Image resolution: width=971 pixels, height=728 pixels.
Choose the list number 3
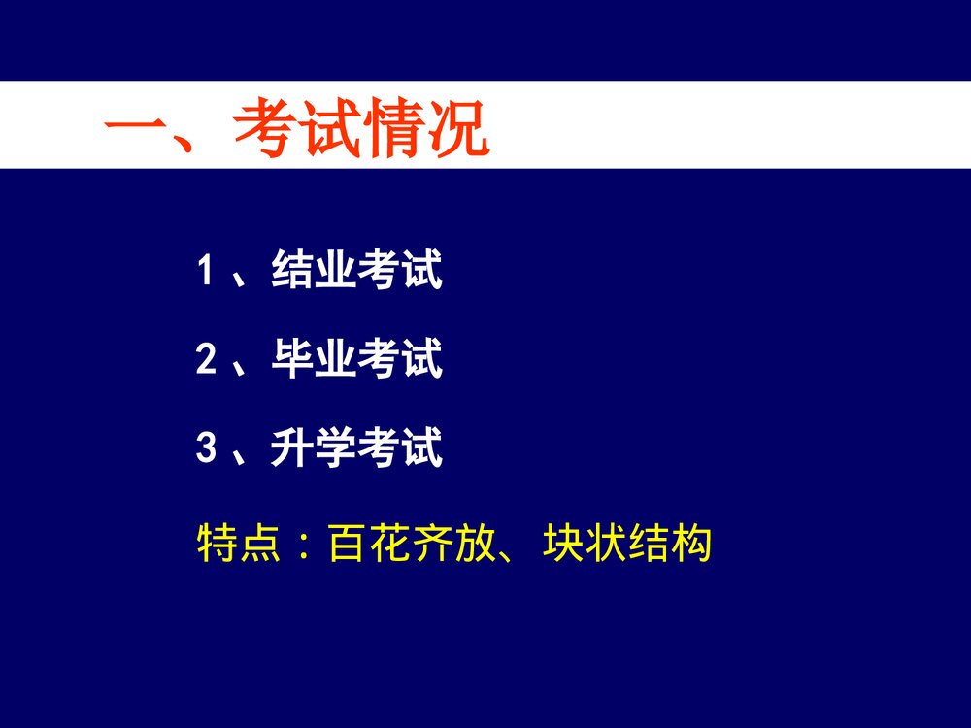[205, 449]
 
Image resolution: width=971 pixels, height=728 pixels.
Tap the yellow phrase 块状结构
[627, 545]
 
